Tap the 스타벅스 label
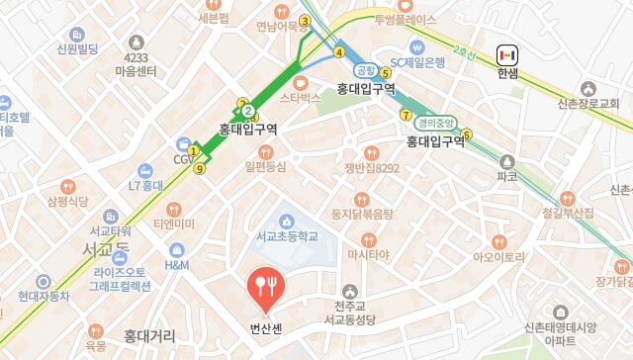(301, 98)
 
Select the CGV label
(184, 159)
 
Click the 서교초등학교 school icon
(287, 220)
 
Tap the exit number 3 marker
(306, 21)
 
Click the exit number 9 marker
(200, 169)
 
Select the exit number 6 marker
(466, 135)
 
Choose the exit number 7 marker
(406, 116)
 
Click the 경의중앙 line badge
(435, 124)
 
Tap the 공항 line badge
(366, 70)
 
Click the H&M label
(177, 265)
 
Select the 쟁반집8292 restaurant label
(372, 168)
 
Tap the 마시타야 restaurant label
(369, 254)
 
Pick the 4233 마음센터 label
(136, 65)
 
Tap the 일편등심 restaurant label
(266, 166)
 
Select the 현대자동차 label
(44, 296)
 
